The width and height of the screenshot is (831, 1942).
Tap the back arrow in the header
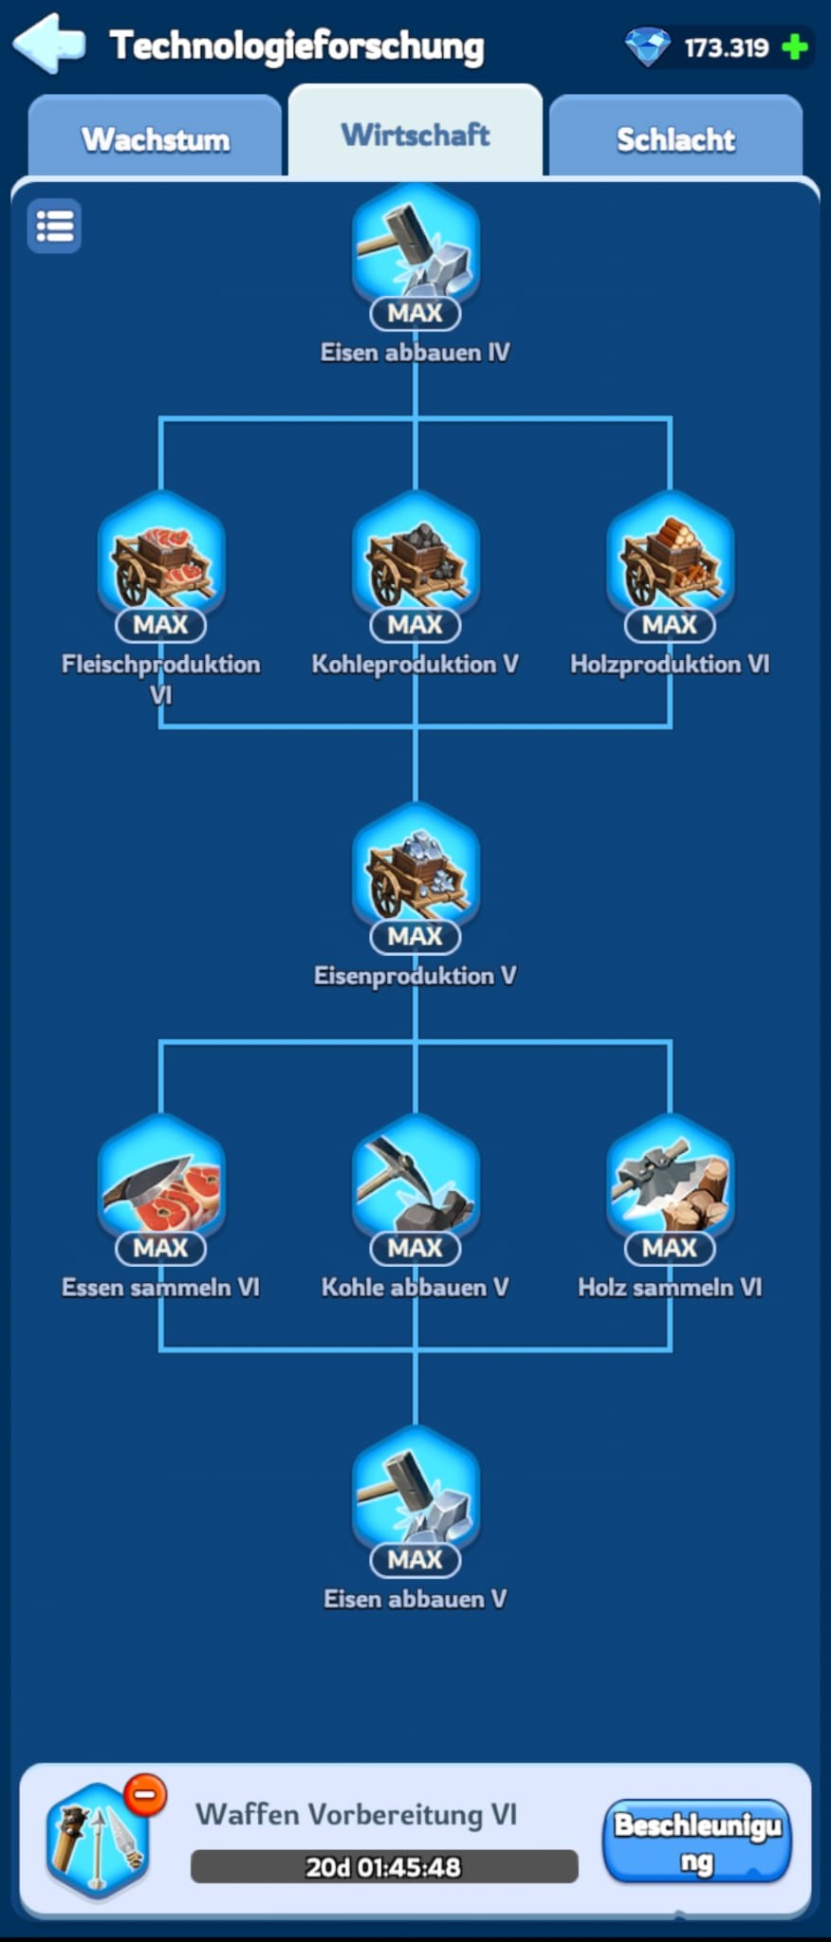coord(48,44)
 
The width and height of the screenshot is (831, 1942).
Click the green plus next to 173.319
coord(795,46)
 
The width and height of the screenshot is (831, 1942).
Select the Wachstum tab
coord(156,138)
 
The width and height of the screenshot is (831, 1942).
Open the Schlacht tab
coord(675,138)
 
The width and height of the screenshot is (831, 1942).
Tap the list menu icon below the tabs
coord(54,227)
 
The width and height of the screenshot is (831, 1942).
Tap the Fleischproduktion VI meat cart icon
coord(161,557)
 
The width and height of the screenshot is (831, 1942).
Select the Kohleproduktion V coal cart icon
coord(415,557)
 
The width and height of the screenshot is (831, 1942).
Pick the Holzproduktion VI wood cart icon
coord(670,557)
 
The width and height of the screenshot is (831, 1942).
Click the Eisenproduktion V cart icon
coord(415,868)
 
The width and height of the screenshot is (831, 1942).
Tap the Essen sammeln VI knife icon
coord(161,1180)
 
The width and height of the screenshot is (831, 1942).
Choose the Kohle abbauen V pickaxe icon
coord(415,1180)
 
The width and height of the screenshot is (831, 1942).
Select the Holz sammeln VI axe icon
coord(670,1180)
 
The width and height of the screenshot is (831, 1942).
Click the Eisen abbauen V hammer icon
coord(415,1491)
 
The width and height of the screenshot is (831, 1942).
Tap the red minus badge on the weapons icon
coord(145,1795)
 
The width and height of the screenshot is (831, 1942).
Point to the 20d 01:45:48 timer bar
coord(384,1866)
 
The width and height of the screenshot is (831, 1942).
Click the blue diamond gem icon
coord(648,46)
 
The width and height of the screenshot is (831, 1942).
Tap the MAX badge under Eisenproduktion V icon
coord(415,936)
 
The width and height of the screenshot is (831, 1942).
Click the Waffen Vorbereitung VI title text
coord(356,1814)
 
